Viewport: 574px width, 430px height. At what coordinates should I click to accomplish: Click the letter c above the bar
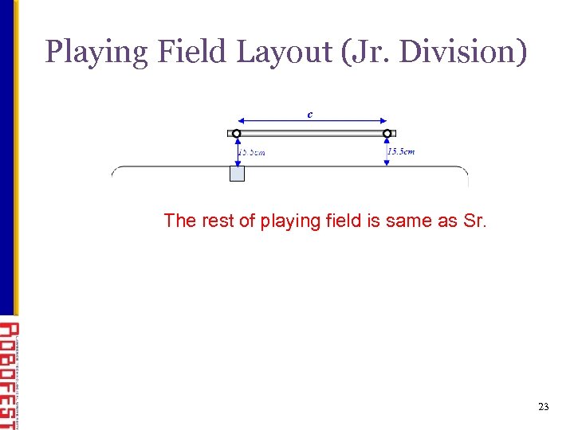pos(310,114)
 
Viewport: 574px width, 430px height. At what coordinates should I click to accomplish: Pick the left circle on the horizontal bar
pos(236,133)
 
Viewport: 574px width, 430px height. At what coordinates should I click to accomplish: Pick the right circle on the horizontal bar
pos(387,133)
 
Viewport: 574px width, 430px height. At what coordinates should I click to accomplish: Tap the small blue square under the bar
pos(237,174)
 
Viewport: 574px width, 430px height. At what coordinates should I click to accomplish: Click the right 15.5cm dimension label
pos(401,151)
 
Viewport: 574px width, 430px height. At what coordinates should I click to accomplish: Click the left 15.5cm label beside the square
pos(253,152)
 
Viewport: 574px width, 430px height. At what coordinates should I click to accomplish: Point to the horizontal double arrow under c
pos(311,122)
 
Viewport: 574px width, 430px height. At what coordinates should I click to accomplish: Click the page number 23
pos(544,407)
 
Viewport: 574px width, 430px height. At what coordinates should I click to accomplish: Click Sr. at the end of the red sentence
pos(473,221)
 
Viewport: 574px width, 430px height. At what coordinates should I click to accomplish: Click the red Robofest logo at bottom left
pos(8,374)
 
